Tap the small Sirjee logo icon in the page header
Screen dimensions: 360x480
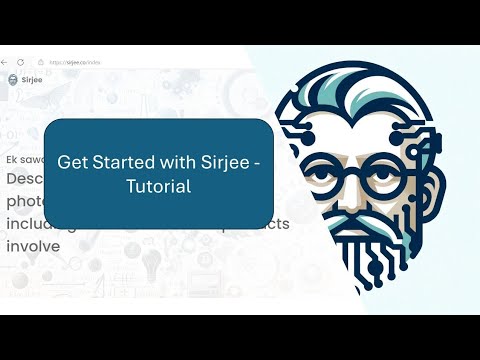[12, 79]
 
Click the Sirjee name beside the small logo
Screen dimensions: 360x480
[32, 79]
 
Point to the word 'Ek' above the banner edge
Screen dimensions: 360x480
[11, 159]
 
